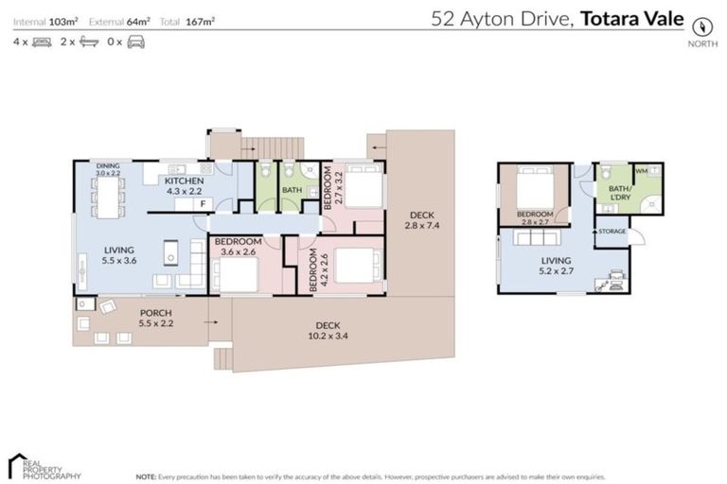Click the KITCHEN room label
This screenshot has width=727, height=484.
(185, 181)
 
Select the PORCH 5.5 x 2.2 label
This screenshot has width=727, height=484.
(155, 317)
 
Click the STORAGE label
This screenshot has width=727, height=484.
(611, 232)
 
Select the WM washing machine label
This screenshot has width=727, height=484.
(642, 171)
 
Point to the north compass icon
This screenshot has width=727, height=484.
(700, 26)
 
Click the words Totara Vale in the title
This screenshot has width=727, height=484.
(631, 17)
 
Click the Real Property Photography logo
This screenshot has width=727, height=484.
(44, 465)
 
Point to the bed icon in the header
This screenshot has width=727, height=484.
(42, 42)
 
